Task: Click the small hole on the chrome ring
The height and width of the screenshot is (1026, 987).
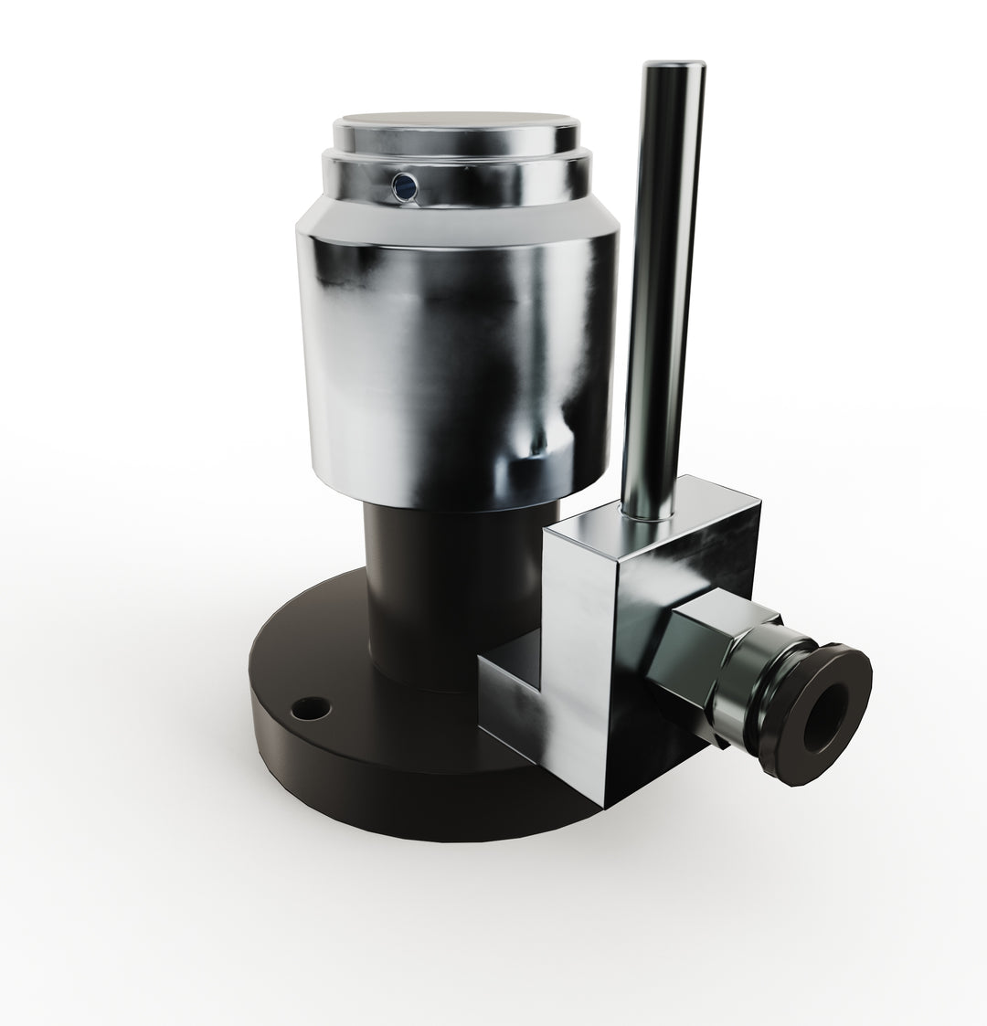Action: pos(402,187)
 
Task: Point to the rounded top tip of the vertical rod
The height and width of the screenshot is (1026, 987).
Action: pos(674,68)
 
